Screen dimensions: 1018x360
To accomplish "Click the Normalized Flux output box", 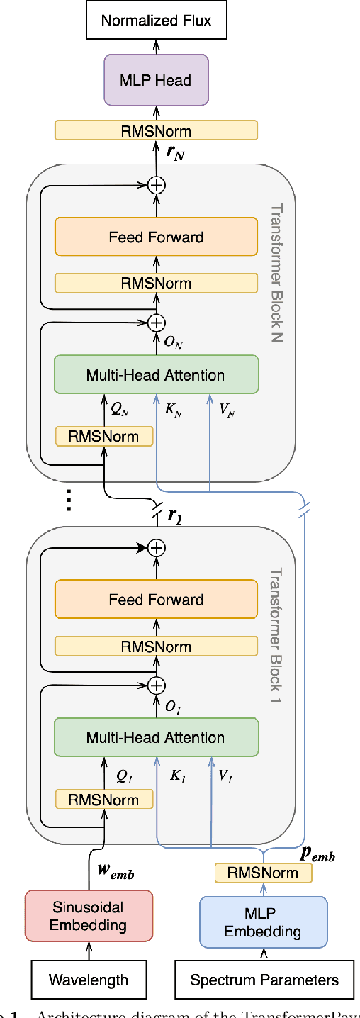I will pyautogui.click(x=156, y=20).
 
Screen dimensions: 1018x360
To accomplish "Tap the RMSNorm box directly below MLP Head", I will pyautogui.click(x=156, y=130).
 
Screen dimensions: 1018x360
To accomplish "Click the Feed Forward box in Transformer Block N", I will pyautogui.click(x=156, y=237).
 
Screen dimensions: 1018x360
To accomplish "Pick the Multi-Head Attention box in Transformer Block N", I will pyautogui.click(x=156, y=375).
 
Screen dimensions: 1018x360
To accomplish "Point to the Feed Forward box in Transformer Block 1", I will pyautogui.click(x=156, y=600).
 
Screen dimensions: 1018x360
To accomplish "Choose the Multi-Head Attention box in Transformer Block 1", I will pyautogui.click(x=156, y=737).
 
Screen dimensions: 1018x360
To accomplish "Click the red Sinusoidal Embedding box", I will pyautogui.click(x=89, y=916).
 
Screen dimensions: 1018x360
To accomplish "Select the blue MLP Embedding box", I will pyautogui.click(x=263, y=922).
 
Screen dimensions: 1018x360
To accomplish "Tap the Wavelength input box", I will pyautogui.click(x=89, y=980).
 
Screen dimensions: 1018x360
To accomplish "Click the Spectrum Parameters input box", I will pyautogui.click(x=264, y=980).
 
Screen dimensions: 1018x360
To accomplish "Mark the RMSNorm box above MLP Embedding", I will pyautogui.click(x=263, y=873).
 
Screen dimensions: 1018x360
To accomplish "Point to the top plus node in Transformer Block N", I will pyautogui.click(x=156, y=185).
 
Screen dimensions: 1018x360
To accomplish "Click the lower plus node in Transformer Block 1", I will pyautogui.click(x=156, y=685).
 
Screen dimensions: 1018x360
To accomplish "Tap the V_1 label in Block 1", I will pyautogui.click(x=225, y=777).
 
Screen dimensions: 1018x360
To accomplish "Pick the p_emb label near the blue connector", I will pyautogui.click(x=317, y=854).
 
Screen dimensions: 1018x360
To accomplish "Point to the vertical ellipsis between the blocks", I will pyautogui.click(x=68, y=500).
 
